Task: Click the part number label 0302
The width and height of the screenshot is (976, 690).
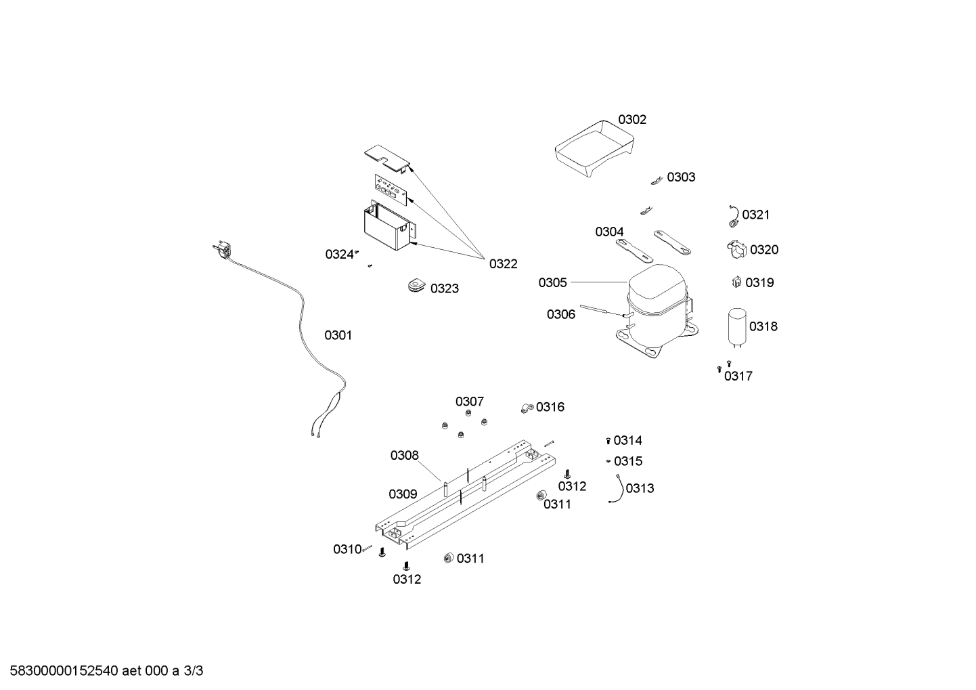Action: (x=632, y=119)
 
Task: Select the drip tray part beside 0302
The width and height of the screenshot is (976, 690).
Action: (x=594, y=149)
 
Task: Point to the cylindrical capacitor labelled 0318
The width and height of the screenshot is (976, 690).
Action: (x=736, y=328)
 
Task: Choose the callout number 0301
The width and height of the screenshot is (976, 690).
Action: (x=338, y=335)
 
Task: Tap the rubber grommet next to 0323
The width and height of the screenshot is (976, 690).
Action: (x=416, y=286)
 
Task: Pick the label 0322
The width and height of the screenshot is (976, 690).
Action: (x=504, y=263)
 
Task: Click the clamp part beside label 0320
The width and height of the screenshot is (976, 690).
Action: (x=736, y=250)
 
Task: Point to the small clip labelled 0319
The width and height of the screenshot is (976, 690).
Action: (x=736, y=282)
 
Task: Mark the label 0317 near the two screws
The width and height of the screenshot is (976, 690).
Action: (x=738, y=376)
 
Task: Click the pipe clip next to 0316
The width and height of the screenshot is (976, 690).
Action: (x=527, y=408)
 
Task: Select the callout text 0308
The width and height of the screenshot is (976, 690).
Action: (x=404, y=456)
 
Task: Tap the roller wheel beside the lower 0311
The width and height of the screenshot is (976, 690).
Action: (x=448, y=558)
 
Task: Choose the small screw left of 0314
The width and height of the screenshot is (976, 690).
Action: (x=608, y=441)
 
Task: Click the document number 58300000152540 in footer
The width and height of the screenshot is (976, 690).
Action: (x=64, y=671)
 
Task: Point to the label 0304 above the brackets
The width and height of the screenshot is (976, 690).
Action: (x=610, y=232)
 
